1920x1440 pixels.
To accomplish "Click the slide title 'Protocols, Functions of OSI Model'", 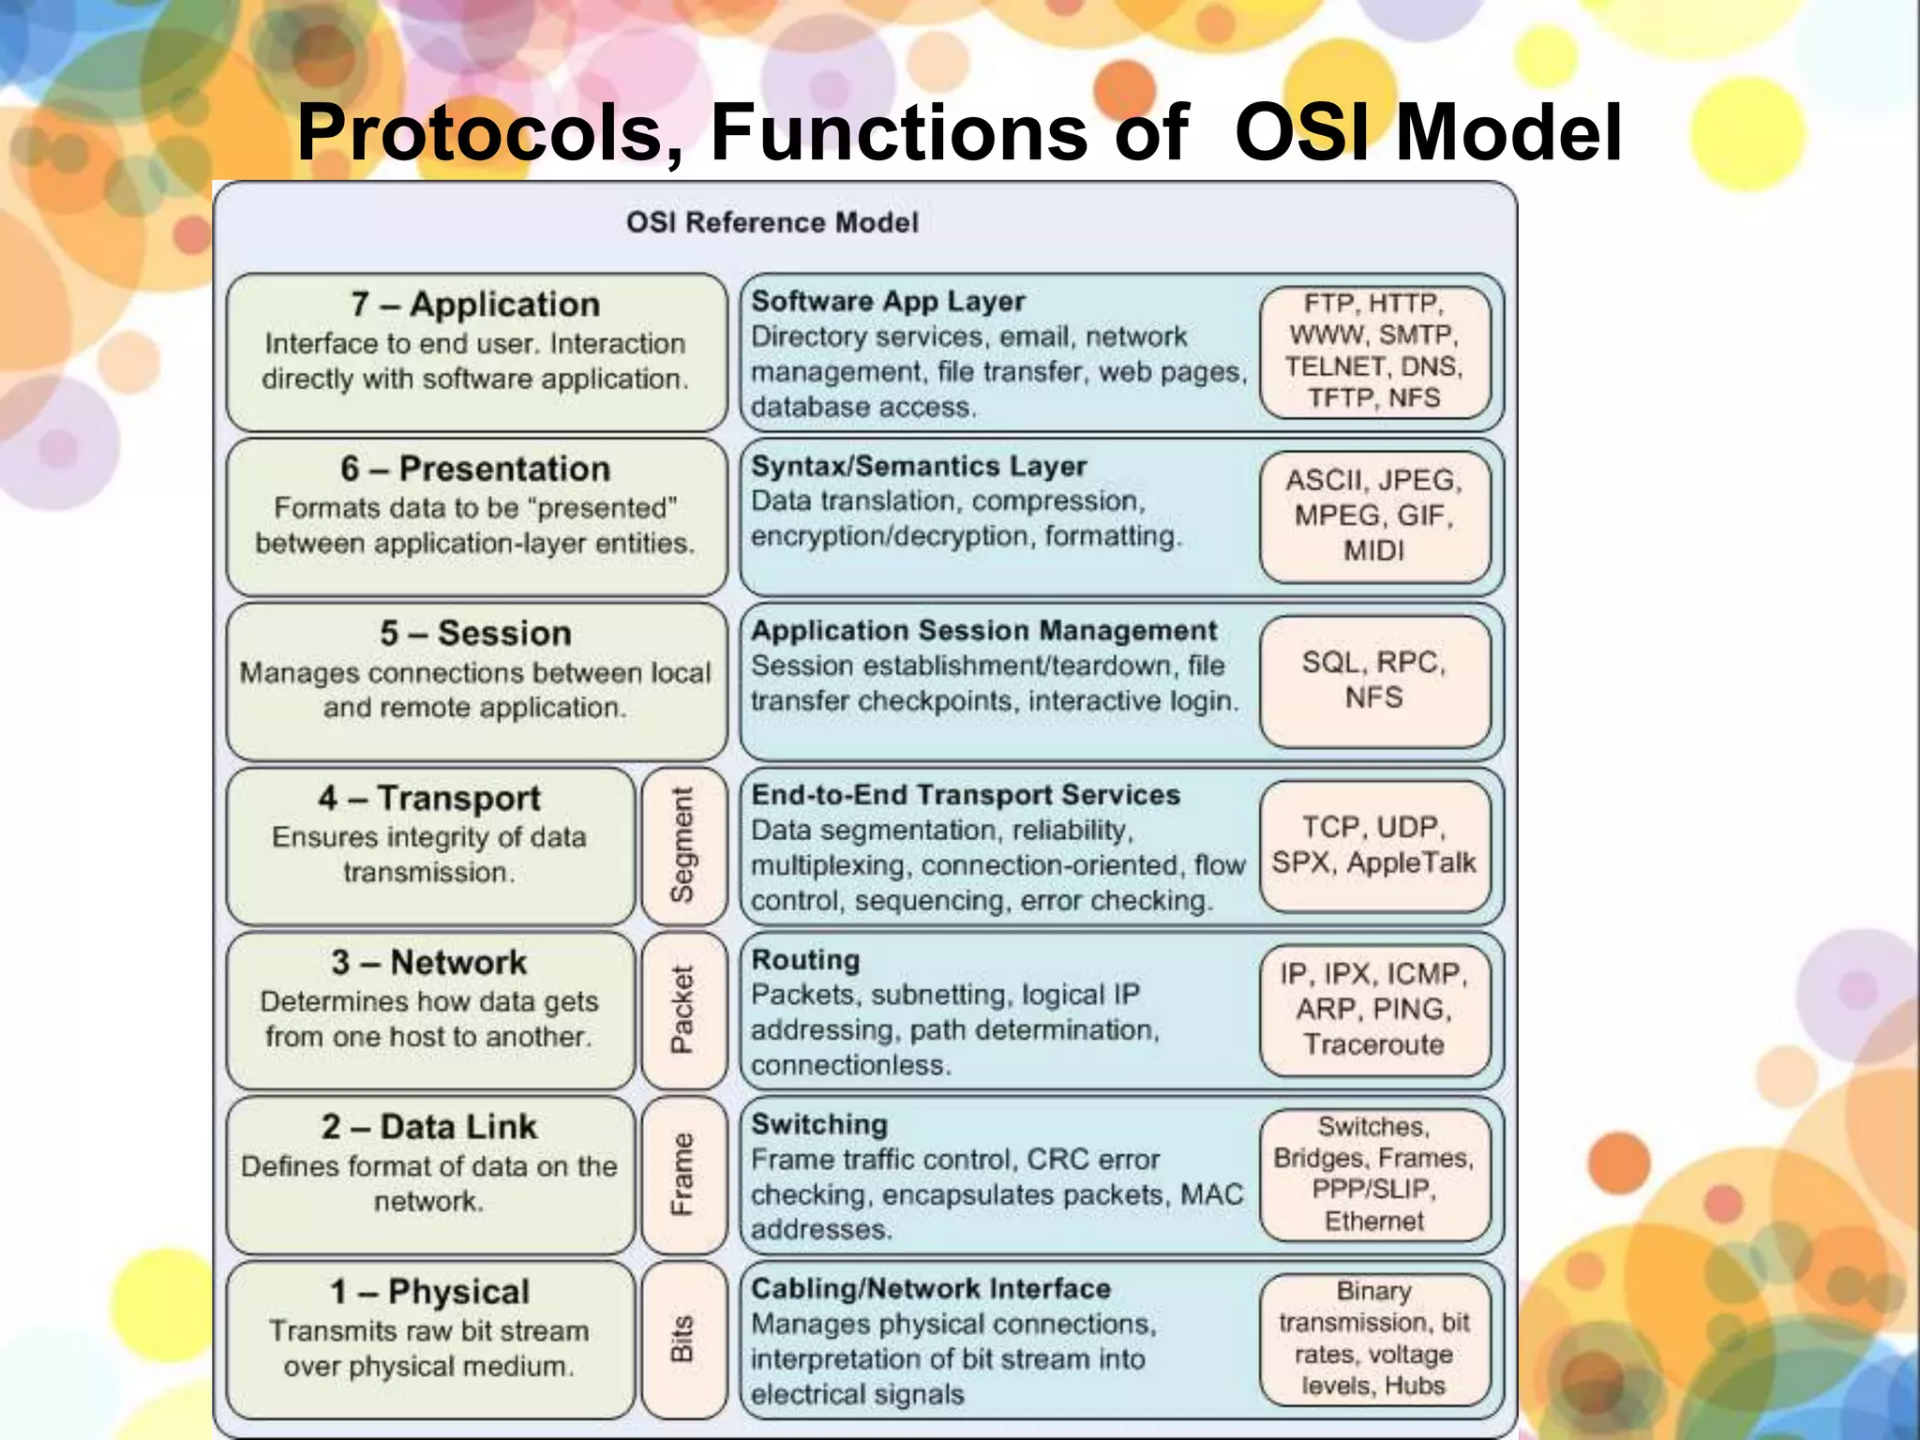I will [x=958, y=133].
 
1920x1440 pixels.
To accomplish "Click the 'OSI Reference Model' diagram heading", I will [x=772, y=223].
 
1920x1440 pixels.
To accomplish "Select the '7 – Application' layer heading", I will [x=475, y=305].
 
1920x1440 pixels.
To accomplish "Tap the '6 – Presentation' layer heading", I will [x=475, y=469].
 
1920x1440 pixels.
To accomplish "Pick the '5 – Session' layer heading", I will [x=475, y=634].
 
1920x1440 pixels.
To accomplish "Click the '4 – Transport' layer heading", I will [x=429, y=799].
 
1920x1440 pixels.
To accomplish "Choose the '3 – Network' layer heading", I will [x=429, y=963].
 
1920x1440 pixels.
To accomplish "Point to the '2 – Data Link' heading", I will [x=429, y=1127].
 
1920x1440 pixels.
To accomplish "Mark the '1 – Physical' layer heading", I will [x=429, y=1292].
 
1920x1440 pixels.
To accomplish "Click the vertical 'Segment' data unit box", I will [x=683, y=846].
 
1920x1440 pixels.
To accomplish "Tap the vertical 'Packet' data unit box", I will [x=683, y=1010].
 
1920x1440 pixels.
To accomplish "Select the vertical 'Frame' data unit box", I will [x=683, y=1175].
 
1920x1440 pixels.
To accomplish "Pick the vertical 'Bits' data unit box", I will [x=683, y=1339].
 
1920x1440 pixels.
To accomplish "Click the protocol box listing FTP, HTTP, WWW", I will [x=1374, y=352].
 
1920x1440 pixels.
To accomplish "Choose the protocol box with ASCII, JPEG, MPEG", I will [x=1374, y=516].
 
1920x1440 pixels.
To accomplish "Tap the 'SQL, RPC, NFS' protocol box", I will [x=1374, y=681].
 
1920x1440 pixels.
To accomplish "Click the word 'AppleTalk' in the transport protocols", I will [x=1411, y=862].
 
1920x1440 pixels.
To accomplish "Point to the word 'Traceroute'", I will [x=1374, y=1044].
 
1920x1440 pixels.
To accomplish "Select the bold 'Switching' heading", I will [x=819, y=1124].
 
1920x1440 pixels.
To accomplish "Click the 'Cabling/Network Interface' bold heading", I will [x=931, y=1289].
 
